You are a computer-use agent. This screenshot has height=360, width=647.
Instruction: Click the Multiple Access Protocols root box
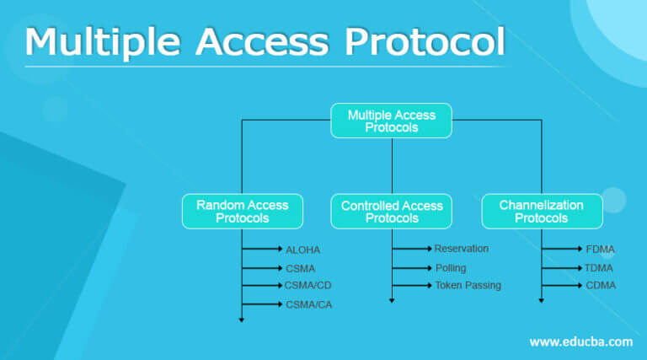pyautogui.click(x=391, y=121)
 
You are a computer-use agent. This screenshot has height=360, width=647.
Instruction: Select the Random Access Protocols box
pyautogui.click(x=242, y=212)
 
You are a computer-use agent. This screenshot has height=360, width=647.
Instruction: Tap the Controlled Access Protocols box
pyautogui.click(x=392, y=212)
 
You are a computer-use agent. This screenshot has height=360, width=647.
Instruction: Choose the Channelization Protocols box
pyautogui.click(x=542, y=212)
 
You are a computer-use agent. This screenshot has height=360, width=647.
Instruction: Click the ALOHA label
pyautogui.click(x=303, y=250)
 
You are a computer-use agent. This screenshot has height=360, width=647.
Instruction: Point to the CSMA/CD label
pyautogui.click(x=308, y=285)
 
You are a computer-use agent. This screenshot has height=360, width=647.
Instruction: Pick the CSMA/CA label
pyautogui.click(x=308, y=304)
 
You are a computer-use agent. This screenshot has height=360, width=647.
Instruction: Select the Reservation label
pyautogui.click(x=461, y=249)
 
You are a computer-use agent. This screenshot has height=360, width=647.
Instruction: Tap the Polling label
pyautogui.click(x=451, y=268)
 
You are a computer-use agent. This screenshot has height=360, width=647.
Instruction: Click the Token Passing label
pyautogui.click(x=468, y=286)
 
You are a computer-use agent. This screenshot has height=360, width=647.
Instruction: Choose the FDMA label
pyautogui.click(x=600, y=250)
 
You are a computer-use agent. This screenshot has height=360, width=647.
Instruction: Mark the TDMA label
pyautogui.click(x=599, y=268)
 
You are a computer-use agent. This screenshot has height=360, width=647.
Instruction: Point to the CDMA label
pyautogui.click(x=601, y=286)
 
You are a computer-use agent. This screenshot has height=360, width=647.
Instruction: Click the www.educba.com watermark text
pyautogui.click(x=580, y=341)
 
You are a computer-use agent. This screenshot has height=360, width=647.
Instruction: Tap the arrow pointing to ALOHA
pyautogui.click(x=263, y=250)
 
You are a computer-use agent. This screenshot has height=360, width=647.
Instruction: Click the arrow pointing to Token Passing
pyautogui.click(x=413, y=286)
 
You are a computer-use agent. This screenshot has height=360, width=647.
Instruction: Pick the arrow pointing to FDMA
pyautogui.click(x=563, y=250)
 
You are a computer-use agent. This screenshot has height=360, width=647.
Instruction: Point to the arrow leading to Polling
pyautogui.click(x=413, y=268)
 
